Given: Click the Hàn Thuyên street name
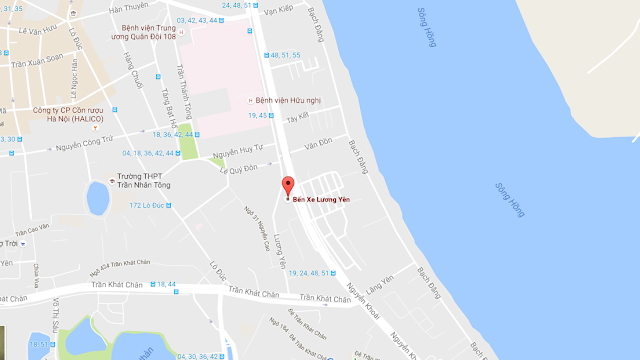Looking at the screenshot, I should (x=128, y=8).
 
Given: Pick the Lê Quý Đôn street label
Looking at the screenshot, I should (x=239, y=170).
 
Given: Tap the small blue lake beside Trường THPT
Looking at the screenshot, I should (x=97, y=198).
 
